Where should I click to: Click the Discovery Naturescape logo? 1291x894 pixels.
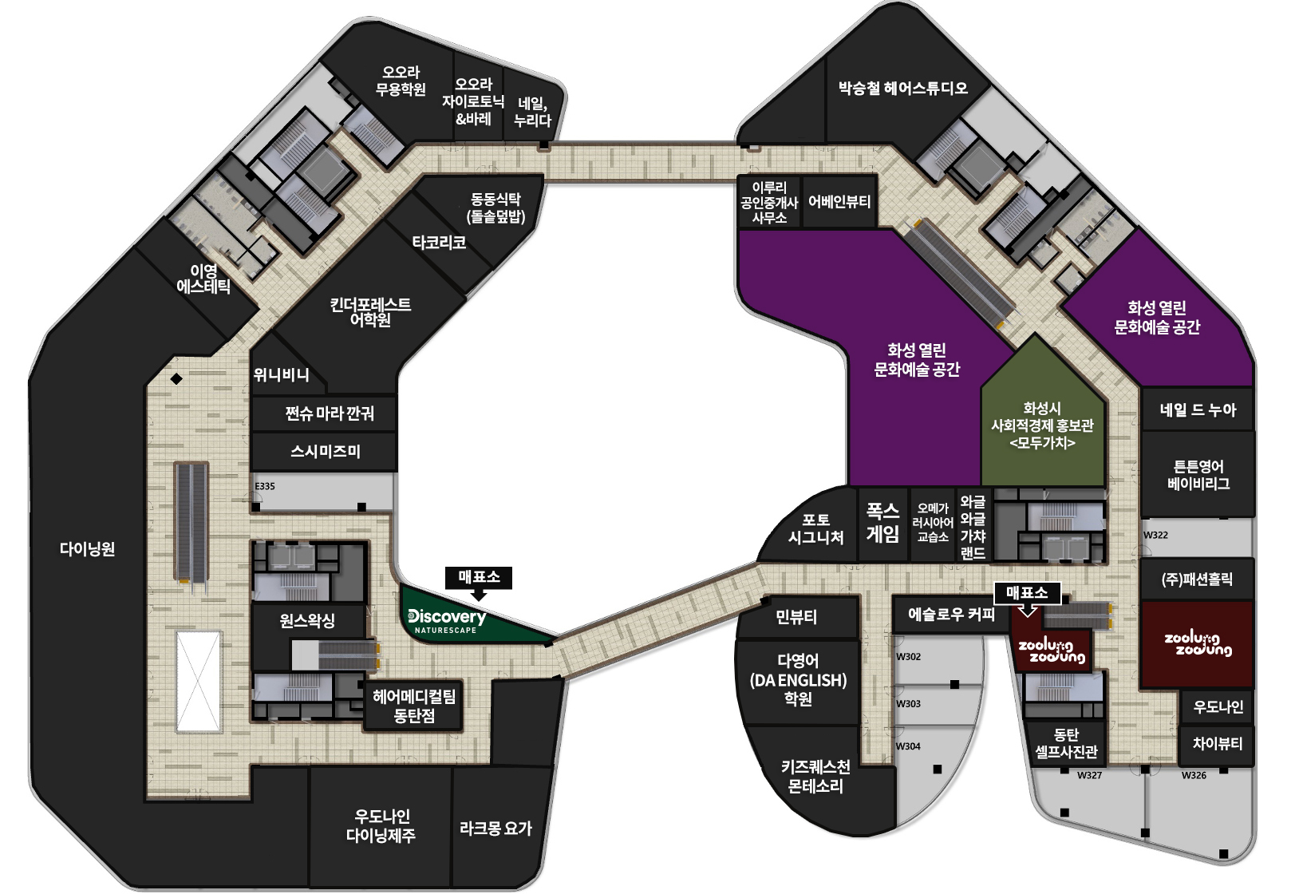click(448, 621)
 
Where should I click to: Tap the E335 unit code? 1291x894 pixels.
click(265, 486)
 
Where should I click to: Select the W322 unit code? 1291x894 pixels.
click(1155, 535)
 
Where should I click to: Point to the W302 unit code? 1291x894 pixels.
click(908, 656)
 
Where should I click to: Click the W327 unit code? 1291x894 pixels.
click(1089, 775)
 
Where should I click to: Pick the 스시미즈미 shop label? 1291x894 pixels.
click(326, 451)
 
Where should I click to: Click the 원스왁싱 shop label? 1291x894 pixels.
click(307, 620)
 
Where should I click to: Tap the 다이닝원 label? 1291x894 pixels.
click(88, 548)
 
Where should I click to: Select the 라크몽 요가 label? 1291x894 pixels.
click(495, 829)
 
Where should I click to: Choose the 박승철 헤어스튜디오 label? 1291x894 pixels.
click(903, 88)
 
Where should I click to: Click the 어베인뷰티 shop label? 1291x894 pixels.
click(839, 201)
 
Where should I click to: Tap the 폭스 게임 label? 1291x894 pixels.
click(882, 522)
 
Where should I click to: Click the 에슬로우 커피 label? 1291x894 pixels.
click(952, 614)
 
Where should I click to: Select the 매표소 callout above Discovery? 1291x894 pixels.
click(479, 578)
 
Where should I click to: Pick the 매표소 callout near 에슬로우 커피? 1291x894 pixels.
click(1027, 593)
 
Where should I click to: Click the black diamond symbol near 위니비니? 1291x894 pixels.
click(176, 378)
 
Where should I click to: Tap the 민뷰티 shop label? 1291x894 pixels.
click(796, 617)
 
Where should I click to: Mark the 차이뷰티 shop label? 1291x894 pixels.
click(1218, 743)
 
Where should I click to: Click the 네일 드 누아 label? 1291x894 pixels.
click(1198, 409)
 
